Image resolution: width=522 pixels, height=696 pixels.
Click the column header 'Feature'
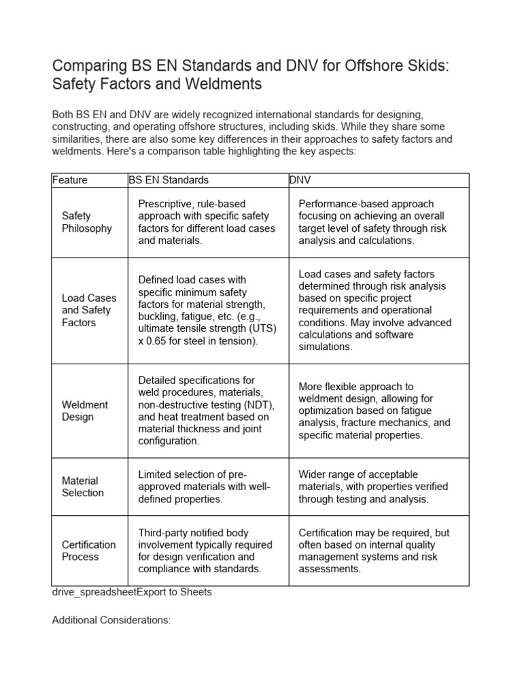tap(70, 180)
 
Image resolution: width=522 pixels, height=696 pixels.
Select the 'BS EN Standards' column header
tap(169, 180)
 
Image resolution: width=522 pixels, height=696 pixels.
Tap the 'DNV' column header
tap(300, 180)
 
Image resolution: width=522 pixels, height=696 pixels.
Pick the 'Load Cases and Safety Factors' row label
tap(89, 310)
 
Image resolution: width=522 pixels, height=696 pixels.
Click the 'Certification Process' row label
tap(88, 551)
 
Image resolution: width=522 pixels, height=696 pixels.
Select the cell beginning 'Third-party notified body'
tap(205, 551)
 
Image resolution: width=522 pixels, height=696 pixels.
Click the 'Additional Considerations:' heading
tap(111, 621)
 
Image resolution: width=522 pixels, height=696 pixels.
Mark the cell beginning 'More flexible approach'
tap(375, 411)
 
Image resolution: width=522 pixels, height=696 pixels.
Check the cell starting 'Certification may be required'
tap(374, 551)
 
